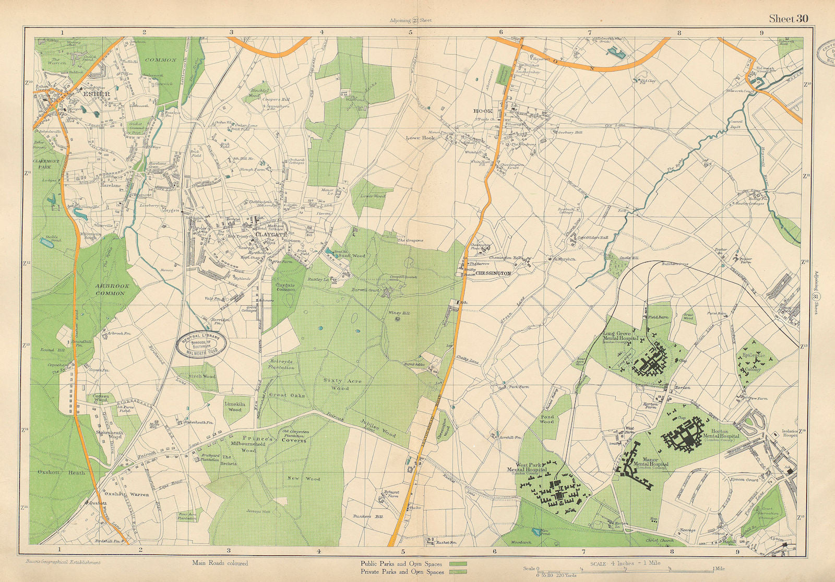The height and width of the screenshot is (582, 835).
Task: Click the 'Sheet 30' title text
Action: click(x=789, y=19)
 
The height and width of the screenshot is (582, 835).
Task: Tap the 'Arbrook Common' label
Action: click(x=110, y=290)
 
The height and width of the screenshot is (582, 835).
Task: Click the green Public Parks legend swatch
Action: click(x=458, y=564)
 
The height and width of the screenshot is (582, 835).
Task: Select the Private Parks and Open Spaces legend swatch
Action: click(x=458, y=572)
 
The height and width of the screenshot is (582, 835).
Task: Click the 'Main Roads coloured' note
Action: click(x=220, y=563)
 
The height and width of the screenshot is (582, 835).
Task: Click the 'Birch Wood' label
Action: click(x=201, y=376)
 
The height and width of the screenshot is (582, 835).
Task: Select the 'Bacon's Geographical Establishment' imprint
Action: click(x=62, y=562)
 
